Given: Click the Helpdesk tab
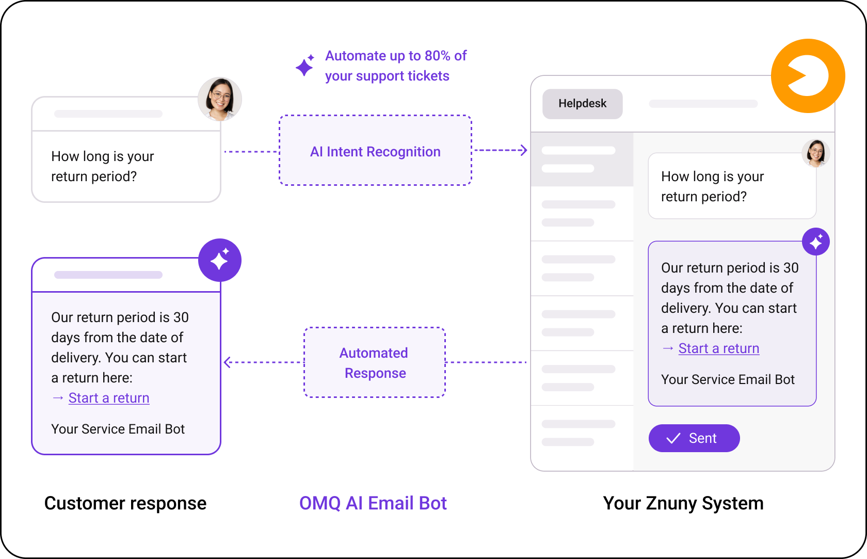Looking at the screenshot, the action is (583, 104).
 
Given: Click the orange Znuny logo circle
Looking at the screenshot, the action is (808, 76).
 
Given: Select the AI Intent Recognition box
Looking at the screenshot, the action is (376, 150).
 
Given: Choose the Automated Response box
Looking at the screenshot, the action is (375, 362).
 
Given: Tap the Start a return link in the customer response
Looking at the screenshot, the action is (109, 398).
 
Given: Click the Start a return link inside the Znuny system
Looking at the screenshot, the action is (719, 348).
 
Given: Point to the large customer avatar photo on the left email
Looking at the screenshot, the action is (220, 99).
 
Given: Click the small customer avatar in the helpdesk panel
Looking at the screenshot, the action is (816, 153).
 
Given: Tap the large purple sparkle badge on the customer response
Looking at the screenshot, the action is (220, 260).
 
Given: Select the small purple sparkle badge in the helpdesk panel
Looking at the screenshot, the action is (816, 242).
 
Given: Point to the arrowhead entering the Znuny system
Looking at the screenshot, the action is (524, 150).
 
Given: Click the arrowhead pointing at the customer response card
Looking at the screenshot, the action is (228, 362).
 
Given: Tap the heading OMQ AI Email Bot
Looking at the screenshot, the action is (373, 503).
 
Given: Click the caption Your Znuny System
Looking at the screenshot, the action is (683, 503).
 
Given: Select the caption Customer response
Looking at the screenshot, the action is (125, 503).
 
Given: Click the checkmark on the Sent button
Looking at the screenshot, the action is (673, 438).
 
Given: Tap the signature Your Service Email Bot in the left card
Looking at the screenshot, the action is (118, 429).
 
